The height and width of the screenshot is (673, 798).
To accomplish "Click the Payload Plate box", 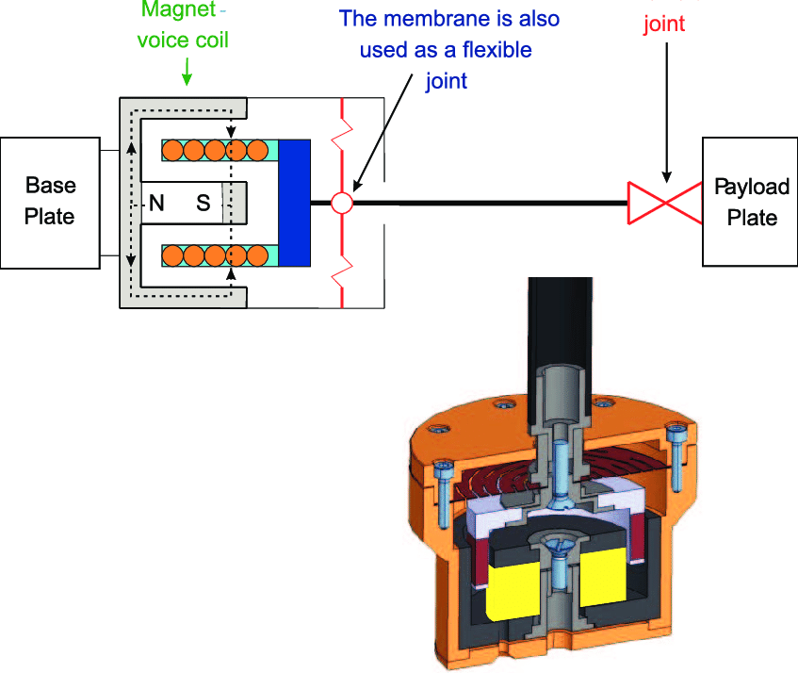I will click(x=749, y=202).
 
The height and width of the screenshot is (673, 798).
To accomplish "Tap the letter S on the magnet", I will click(x=204, y=202).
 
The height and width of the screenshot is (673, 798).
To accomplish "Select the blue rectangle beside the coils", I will click(x=295, y=202).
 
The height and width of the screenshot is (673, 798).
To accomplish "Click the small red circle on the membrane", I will click(x=341, y=202).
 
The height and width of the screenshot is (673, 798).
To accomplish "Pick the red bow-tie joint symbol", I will click(x=665, y=202).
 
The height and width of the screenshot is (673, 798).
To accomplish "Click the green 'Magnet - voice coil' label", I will click(x=185, y=26).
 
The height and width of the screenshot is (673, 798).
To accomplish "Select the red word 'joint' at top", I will click(x=664, y=24).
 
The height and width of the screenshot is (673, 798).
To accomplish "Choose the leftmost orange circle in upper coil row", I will click(x=172, y=149).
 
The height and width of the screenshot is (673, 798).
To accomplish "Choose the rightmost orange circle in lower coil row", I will click(x=257, y=254).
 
